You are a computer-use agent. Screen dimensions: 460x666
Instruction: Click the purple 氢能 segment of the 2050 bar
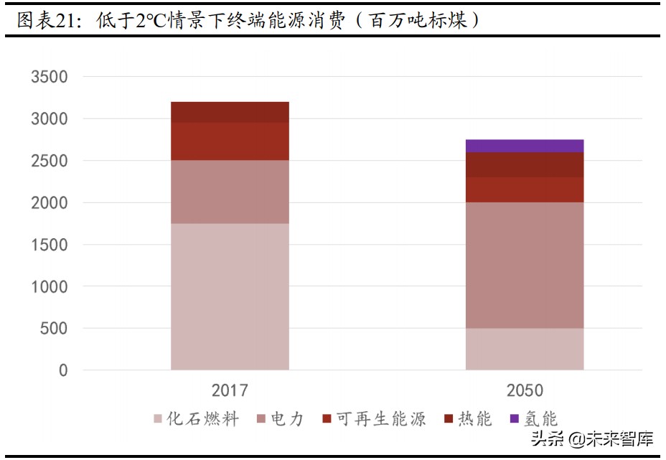524,146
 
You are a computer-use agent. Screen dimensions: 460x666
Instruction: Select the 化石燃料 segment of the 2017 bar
230,296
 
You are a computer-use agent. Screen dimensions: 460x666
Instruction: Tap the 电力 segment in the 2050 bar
524,266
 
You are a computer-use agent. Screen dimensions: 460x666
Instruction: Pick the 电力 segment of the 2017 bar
230,192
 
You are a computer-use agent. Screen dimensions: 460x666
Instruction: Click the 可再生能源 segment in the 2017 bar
230,141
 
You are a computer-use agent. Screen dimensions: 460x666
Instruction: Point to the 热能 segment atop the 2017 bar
230,112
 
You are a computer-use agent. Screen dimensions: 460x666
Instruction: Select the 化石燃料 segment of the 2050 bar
524,349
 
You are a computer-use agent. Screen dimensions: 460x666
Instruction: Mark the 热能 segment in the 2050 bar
524,164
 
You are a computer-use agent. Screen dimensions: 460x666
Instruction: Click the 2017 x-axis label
230,391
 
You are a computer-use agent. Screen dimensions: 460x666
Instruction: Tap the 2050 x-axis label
525,391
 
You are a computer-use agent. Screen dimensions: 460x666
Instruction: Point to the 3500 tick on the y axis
50,77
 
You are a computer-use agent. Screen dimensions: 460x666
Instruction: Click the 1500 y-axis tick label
50,245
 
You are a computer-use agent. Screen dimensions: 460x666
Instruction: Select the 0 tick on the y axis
63,370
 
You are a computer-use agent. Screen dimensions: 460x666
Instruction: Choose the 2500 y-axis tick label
50,161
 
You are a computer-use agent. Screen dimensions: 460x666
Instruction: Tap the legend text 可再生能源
381,419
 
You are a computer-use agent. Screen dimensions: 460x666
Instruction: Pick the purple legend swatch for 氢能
514,419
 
